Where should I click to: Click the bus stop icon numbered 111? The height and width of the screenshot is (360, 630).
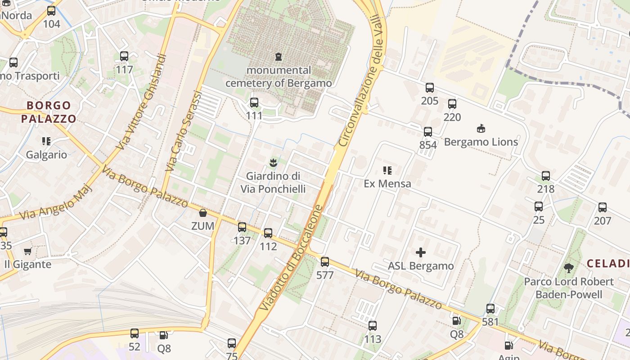[254, 103]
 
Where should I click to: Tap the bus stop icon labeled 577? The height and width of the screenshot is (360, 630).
[325, 262]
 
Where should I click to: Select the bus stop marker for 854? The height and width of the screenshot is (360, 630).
[428, 132]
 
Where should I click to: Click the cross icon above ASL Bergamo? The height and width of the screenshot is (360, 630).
[421, 252]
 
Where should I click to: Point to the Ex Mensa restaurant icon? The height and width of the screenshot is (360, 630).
[387, 171]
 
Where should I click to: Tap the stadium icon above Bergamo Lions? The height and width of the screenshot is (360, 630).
[481, 129]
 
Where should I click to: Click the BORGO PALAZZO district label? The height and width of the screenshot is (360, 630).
[49, 112]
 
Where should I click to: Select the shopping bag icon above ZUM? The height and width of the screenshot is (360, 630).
[203, 213]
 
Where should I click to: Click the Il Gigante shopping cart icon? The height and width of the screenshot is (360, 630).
[28, 251]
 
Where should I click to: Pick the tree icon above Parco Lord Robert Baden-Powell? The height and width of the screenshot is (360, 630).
[569, 268]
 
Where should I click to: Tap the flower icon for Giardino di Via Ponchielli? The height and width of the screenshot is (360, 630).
[273, 162]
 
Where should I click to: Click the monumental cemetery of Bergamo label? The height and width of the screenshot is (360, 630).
[279, 76]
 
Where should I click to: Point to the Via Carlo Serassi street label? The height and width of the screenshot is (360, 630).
[184, 130]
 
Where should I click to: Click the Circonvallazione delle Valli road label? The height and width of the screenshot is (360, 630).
[363, 81]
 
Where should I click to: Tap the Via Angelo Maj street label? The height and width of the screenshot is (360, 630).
[57, 202]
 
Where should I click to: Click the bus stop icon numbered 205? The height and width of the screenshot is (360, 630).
[430, 88]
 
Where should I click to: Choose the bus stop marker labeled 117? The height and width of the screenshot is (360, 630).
[124, 57]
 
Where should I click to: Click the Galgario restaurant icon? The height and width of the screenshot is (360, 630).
[46, 142]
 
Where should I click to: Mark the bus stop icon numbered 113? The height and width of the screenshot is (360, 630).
[373, 326]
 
